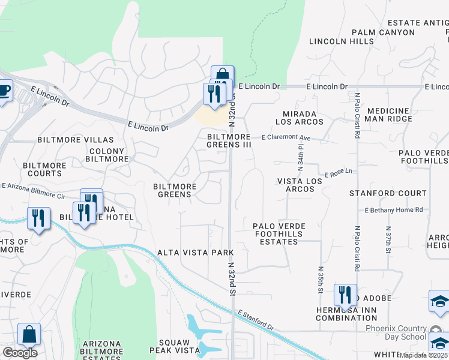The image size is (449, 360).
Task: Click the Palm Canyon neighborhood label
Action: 383,32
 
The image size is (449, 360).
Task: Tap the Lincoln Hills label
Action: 342,41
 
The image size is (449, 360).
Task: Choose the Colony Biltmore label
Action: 107,155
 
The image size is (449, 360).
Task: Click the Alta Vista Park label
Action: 187,253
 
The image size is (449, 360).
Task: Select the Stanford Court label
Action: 388,194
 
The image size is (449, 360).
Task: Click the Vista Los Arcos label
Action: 295,185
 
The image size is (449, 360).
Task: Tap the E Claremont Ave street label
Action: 286,138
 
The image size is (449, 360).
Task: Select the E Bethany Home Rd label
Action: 394,210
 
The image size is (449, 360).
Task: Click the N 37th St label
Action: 388,239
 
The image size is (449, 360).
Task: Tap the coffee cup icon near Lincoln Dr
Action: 4,92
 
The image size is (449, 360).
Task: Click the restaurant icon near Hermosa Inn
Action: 345,295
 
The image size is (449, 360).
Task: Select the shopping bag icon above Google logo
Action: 29,334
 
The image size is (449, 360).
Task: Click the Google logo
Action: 20,353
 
